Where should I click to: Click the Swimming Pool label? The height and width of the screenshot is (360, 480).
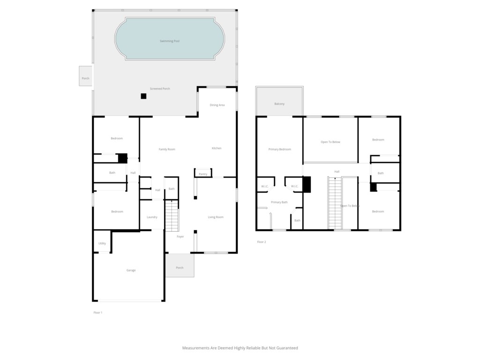[x=170, y=41]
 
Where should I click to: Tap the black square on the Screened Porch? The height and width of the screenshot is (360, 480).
[x=143, y=96]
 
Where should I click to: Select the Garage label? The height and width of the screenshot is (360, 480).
[x=131, y=270]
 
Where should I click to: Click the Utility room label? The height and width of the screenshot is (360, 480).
[x=102, y=244]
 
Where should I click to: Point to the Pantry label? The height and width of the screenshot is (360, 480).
[x=203, y=174]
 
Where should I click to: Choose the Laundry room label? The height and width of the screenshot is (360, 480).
[x=152, y=217]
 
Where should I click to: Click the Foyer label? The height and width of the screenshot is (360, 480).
[x=180, y=237]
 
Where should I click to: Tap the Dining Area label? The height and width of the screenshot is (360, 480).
[x=217, y=105]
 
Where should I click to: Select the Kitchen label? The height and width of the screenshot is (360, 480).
[x=217, y=148]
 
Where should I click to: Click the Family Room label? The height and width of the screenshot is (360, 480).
[x=167, y=150]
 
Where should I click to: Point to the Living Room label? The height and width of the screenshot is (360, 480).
[x=216, y=217]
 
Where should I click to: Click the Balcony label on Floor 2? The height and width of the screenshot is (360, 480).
[x=279, y=104]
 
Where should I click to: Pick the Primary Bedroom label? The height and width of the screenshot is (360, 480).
[x=280, y=150]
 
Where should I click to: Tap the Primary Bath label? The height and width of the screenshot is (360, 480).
[x=279, y=202]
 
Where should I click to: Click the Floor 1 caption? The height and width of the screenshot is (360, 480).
[x=98, y=313]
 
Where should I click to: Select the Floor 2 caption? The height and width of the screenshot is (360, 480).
[x=262, y=242]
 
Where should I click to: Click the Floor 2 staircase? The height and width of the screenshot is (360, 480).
[x=335, y=203]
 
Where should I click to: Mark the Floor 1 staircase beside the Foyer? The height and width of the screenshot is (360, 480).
[x=172, y=216]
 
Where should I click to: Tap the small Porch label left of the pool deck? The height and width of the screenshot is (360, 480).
[x=85, y=78]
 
